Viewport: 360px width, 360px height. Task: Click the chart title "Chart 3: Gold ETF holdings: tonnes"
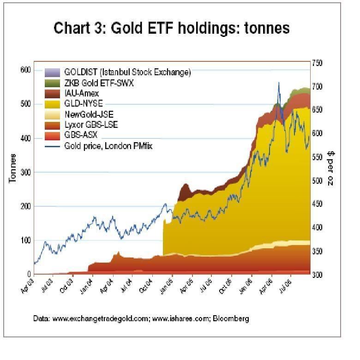(x=172, y=28)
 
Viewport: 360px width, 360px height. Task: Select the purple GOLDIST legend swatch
(x=52, y=72)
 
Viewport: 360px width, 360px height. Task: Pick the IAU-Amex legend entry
(x=82, y=94)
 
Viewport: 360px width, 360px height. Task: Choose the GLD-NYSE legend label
(x=84, y=104)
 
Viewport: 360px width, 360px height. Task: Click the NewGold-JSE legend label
(x=89, y=114)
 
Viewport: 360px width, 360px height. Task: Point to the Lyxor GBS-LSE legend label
(x=91, y=125)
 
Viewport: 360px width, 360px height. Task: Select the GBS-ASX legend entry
(x=81, y=136)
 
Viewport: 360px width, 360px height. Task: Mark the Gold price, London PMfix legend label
(x=108, y=146)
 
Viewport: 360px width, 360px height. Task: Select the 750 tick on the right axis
(x=317, y=63)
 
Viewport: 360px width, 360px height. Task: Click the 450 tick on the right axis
(x=317, y=204)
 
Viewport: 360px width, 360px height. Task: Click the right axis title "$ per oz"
(x=330, y=168)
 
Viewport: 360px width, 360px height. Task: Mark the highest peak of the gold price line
(x=279, y=83)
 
